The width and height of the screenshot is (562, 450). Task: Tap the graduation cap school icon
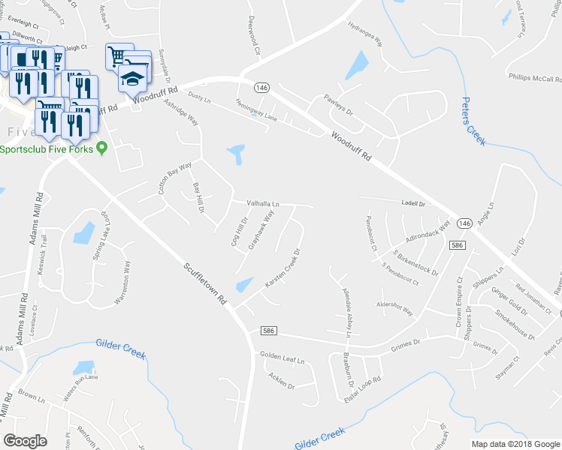132,78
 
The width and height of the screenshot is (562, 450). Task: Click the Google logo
25,441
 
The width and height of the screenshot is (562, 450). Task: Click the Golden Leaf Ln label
282,358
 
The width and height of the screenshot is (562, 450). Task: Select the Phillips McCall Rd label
524,76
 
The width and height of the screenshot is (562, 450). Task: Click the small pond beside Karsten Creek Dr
244,285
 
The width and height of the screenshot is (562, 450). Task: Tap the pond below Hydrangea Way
357,66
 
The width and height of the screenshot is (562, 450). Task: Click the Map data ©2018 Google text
515,444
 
